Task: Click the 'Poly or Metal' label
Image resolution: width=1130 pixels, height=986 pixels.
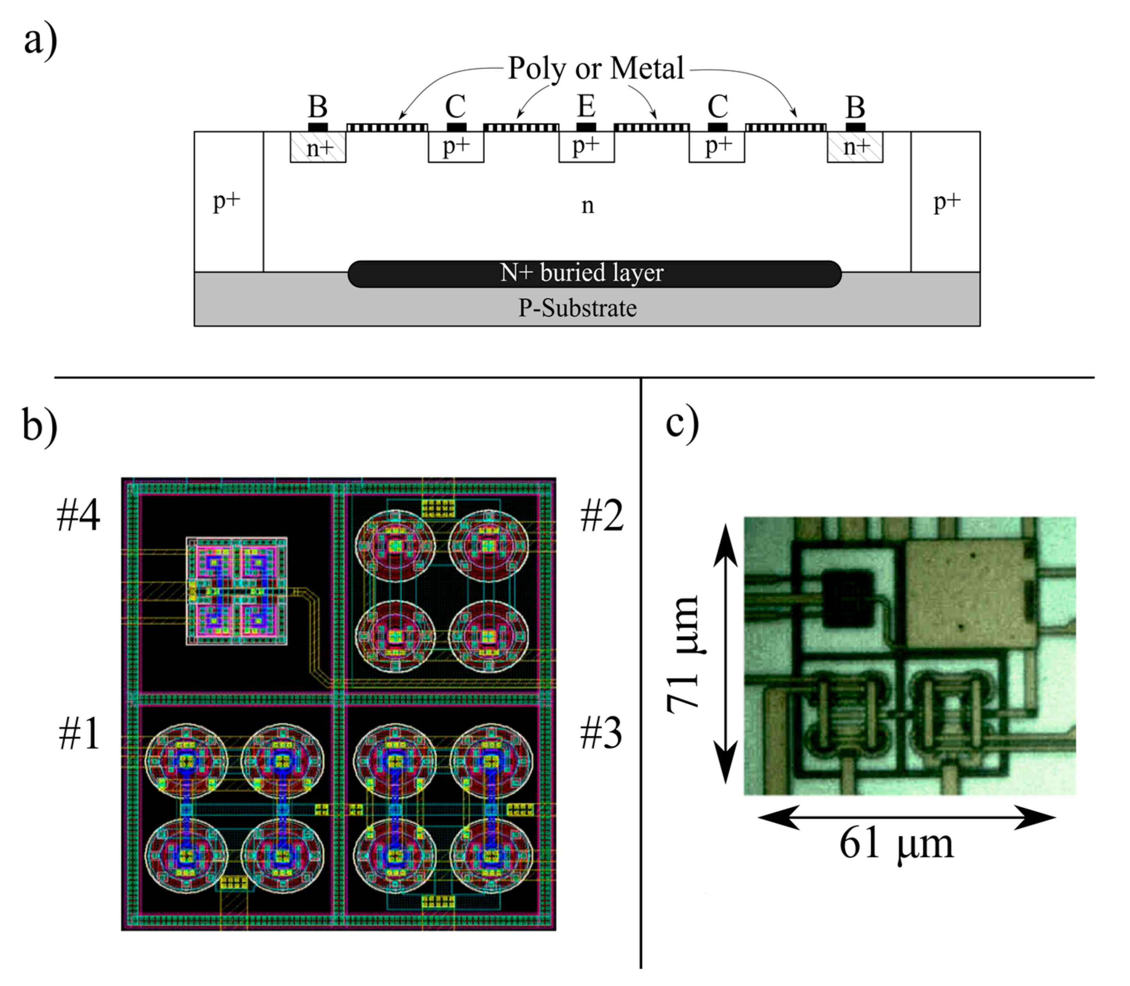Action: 595,69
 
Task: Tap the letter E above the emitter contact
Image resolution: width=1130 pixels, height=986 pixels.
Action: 586,106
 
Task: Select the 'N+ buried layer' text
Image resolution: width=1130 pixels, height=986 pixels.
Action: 582,273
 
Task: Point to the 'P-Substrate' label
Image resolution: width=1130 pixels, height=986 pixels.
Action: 577,308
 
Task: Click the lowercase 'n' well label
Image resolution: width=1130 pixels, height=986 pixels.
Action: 588,206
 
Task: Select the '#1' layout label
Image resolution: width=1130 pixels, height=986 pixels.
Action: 79,734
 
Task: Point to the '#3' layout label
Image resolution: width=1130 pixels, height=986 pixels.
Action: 601,734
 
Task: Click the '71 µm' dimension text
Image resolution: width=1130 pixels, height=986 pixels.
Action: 683,654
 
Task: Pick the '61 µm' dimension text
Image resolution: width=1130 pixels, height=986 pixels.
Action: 896,844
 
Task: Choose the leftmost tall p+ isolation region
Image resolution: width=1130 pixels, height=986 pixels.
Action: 228,201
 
